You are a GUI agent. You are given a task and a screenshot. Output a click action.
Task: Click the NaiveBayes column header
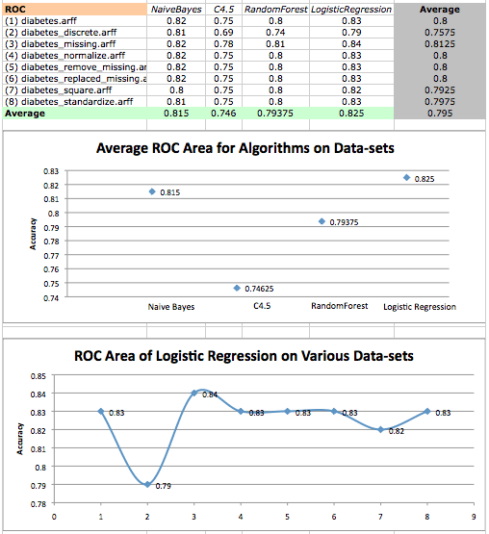(176, 10)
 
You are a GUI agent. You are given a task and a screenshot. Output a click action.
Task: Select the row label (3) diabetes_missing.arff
(61, 44)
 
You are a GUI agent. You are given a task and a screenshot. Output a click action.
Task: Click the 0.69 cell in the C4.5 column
(223, 33)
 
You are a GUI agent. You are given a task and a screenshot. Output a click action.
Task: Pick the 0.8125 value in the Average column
(440, 44)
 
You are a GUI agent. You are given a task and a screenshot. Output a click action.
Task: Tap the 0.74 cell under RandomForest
(275, 33)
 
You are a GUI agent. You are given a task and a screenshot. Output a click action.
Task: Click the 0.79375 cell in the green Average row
(275, 114)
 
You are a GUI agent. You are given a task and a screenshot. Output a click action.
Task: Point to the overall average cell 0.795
(440, 114)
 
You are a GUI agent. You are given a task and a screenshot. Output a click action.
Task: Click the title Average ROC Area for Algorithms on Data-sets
(245, 148)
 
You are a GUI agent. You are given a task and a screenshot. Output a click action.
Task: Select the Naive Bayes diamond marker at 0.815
(152, 191)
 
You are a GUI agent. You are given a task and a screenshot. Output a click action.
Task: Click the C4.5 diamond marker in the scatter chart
(237, 288)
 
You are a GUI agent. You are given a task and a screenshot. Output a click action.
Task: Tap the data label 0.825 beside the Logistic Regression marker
(425, 179)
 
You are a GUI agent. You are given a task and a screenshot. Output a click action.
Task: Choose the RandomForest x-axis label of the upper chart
(340, 306)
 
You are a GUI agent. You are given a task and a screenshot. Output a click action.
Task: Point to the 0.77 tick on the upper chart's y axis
(51, 255)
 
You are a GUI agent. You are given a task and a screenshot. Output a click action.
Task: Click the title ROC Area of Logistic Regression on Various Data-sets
(244, 356)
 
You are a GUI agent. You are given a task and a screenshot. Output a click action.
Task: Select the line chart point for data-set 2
(147, 484)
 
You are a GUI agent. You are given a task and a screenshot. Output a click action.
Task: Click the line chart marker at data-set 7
(380, 430)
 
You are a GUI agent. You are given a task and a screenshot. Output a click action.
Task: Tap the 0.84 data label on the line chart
(210, 394)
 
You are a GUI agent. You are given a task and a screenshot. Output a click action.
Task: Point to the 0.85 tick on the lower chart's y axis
(39, 376)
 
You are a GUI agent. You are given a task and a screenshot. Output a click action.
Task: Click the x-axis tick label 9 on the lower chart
(474, 517)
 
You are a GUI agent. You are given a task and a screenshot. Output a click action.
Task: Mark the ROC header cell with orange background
(75, 10)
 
